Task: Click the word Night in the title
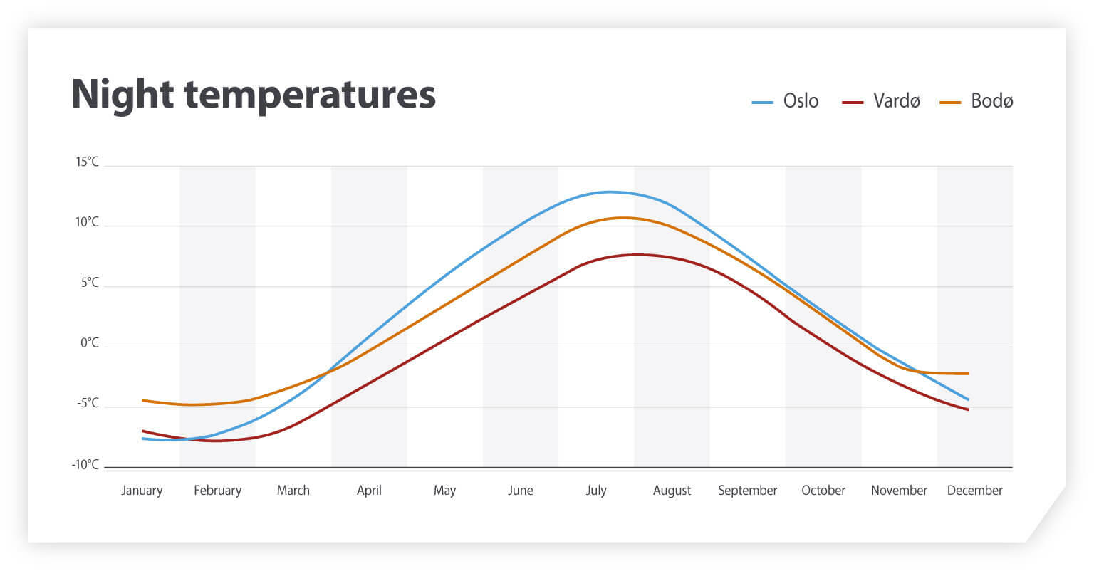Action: (122, 94)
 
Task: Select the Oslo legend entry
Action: (801, 101)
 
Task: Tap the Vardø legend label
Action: (896, 101)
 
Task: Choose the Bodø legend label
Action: (991, 101)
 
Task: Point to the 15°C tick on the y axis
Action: (88, 162)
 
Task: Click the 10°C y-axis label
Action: (88, 223)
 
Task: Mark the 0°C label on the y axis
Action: (90, 343)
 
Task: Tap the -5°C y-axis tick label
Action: (88, 404)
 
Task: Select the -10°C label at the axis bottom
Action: (85, 465)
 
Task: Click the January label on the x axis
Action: (142, 491)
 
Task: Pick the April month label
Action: (369, 491)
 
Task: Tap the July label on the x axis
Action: (596, 491)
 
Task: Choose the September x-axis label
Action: (747, 491)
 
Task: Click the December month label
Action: (974, 491)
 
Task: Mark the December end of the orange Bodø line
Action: (967, 374)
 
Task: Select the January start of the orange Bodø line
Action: (143, 400)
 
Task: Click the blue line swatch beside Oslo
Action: (762, 103)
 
